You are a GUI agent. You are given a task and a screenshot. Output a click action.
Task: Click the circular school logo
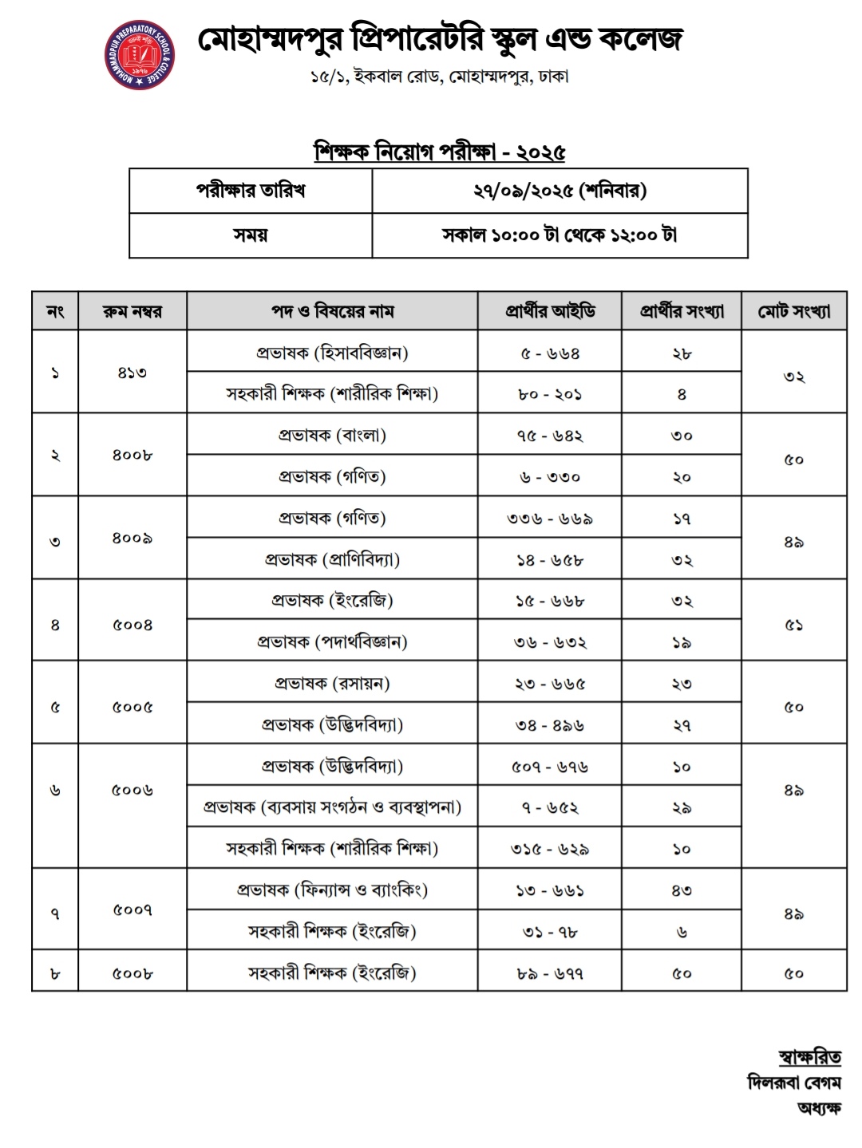pyautogui.click(x=140, y=57)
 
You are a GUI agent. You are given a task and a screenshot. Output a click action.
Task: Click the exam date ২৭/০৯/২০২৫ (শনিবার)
pyautogui.click(x=559, y=191)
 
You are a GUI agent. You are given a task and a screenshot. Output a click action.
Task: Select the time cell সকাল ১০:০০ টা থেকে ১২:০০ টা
pyautogui.click(x=559, y=235)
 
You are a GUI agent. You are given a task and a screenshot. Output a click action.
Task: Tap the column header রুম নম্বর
pyautogui.click(x=132, y=311)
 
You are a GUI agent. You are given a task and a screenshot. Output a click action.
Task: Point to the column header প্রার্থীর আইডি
pyautogui.click(x=550, y=311)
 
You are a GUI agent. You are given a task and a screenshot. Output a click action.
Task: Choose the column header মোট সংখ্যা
pyautogui.click(x=794, y=311)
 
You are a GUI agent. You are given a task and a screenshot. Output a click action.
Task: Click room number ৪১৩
pyautogui.click(x=132, y=373)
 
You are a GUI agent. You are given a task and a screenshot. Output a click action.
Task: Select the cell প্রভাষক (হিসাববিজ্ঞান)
pyautogui.click(x=332, y=353)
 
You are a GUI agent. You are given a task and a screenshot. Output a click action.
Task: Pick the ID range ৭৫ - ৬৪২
pyautogui.click(x=550, y=436)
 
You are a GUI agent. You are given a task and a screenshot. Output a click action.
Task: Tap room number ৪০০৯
pyautogui.click(x=132, y=538)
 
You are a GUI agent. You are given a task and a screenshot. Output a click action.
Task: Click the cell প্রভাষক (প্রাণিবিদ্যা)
pyautogui.click(x=332, y=560)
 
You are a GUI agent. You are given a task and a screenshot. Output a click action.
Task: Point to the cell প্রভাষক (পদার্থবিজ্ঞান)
pyautogui.click(x=332, y=642)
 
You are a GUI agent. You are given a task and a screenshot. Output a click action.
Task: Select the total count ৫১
pyautogui.click(x=794, y=625)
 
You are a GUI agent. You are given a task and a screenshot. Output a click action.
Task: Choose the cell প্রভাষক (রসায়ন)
pyautogui.click(x=332, y=684)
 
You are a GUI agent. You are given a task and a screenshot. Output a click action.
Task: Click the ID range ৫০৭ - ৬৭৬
pyautogui.click(x=550, y=767)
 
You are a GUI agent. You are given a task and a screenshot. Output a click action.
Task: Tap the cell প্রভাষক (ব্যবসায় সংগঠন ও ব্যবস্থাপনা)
pyautogui.click(x=332, y=807)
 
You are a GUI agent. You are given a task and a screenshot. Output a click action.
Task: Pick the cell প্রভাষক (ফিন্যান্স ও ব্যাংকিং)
pyautogui.click(x=332, y=890)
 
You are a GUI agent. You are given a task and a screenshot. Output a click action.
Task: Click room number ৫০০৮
pyautogui.click(x=132, y=973)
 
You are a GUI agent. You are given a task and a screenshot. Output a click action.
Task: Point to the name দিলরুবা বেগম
pyautogui.click(x=794, y=1083)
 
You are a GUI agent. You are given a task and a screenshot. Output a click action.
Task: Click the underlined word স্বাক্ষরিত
pyautogui.click(x=809, y=1058)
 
